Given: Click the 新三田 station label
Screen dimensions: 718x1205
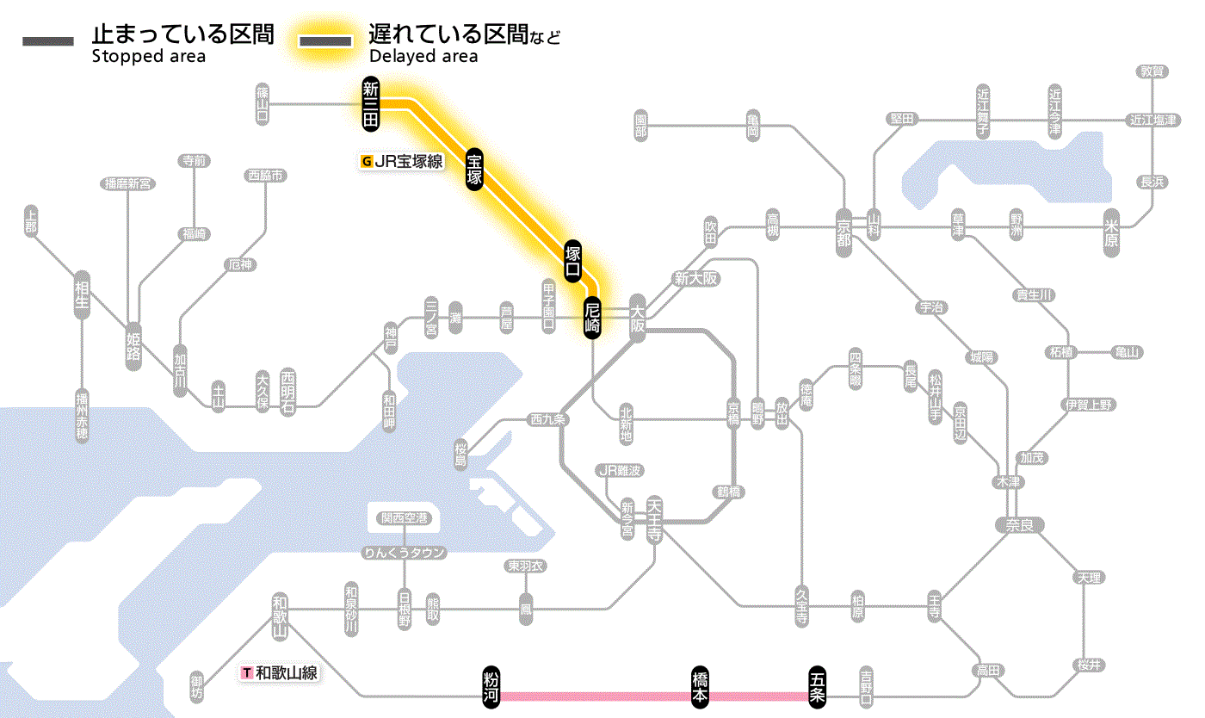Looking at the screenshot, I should click(x=371, y=104).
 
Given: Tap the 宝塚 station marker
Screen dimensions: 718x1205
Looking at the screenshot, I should click(x=474, y=169).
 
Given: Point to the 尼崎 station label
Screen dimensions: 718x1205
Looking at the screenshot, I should click(x=591, y=318).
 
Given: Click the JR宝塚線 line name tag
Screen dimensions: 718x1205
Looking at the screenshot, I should click(x=403, y=160).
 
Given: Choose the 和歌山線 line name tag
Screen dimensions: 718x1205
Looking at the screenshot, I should click(x=281, y=672).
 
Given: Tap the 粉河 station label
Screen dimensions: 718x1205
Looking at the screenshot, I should click(x=491, y=688).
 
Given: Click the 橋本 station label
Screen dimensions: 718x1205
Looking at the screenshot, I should click(x=701, y=688).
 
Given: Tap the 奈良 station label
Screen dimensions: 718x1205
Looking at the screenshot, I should click(x=1018, y=524).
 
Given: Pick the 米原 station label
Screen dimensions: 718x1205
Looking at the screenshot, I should click(x=1112, y=233).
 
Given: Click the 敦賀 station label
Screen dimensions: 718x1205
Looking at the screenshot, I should click(x=1152, y=72).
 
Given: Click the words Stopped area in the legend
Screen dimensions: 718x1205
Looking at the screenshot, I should click(x=149, y=57).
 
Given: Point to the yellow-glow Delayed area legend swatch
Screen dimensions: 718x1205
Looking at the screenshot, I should click(x=325, y=41).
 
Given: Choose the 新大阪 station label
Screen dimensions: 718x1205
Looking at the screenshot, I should click(x=695, y=278).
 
